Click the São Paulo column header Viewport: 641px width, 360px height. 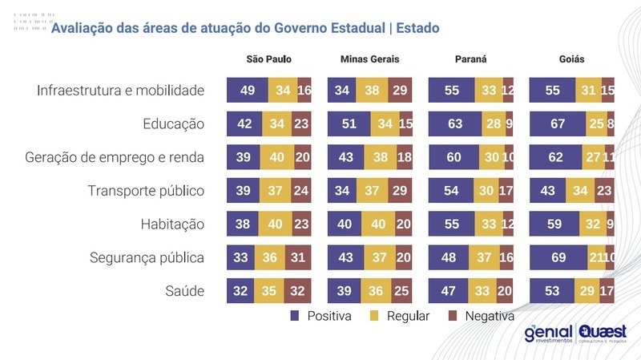269,60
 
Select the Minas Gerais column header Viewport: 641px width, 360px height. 369,60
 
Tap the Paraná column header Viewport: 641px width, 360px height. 470,60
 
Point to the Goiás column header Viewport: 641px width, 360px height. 571,60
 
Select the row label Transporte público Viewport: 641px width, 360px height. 147,191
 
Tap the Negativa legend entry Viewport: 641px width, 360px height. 480,316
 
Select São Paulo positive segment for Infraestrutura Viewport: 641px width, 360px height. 247,90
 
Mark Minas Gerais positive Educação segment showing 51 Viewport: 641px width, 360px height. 349,123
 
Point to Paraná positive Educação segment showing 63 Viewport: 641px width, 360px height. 455,123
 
